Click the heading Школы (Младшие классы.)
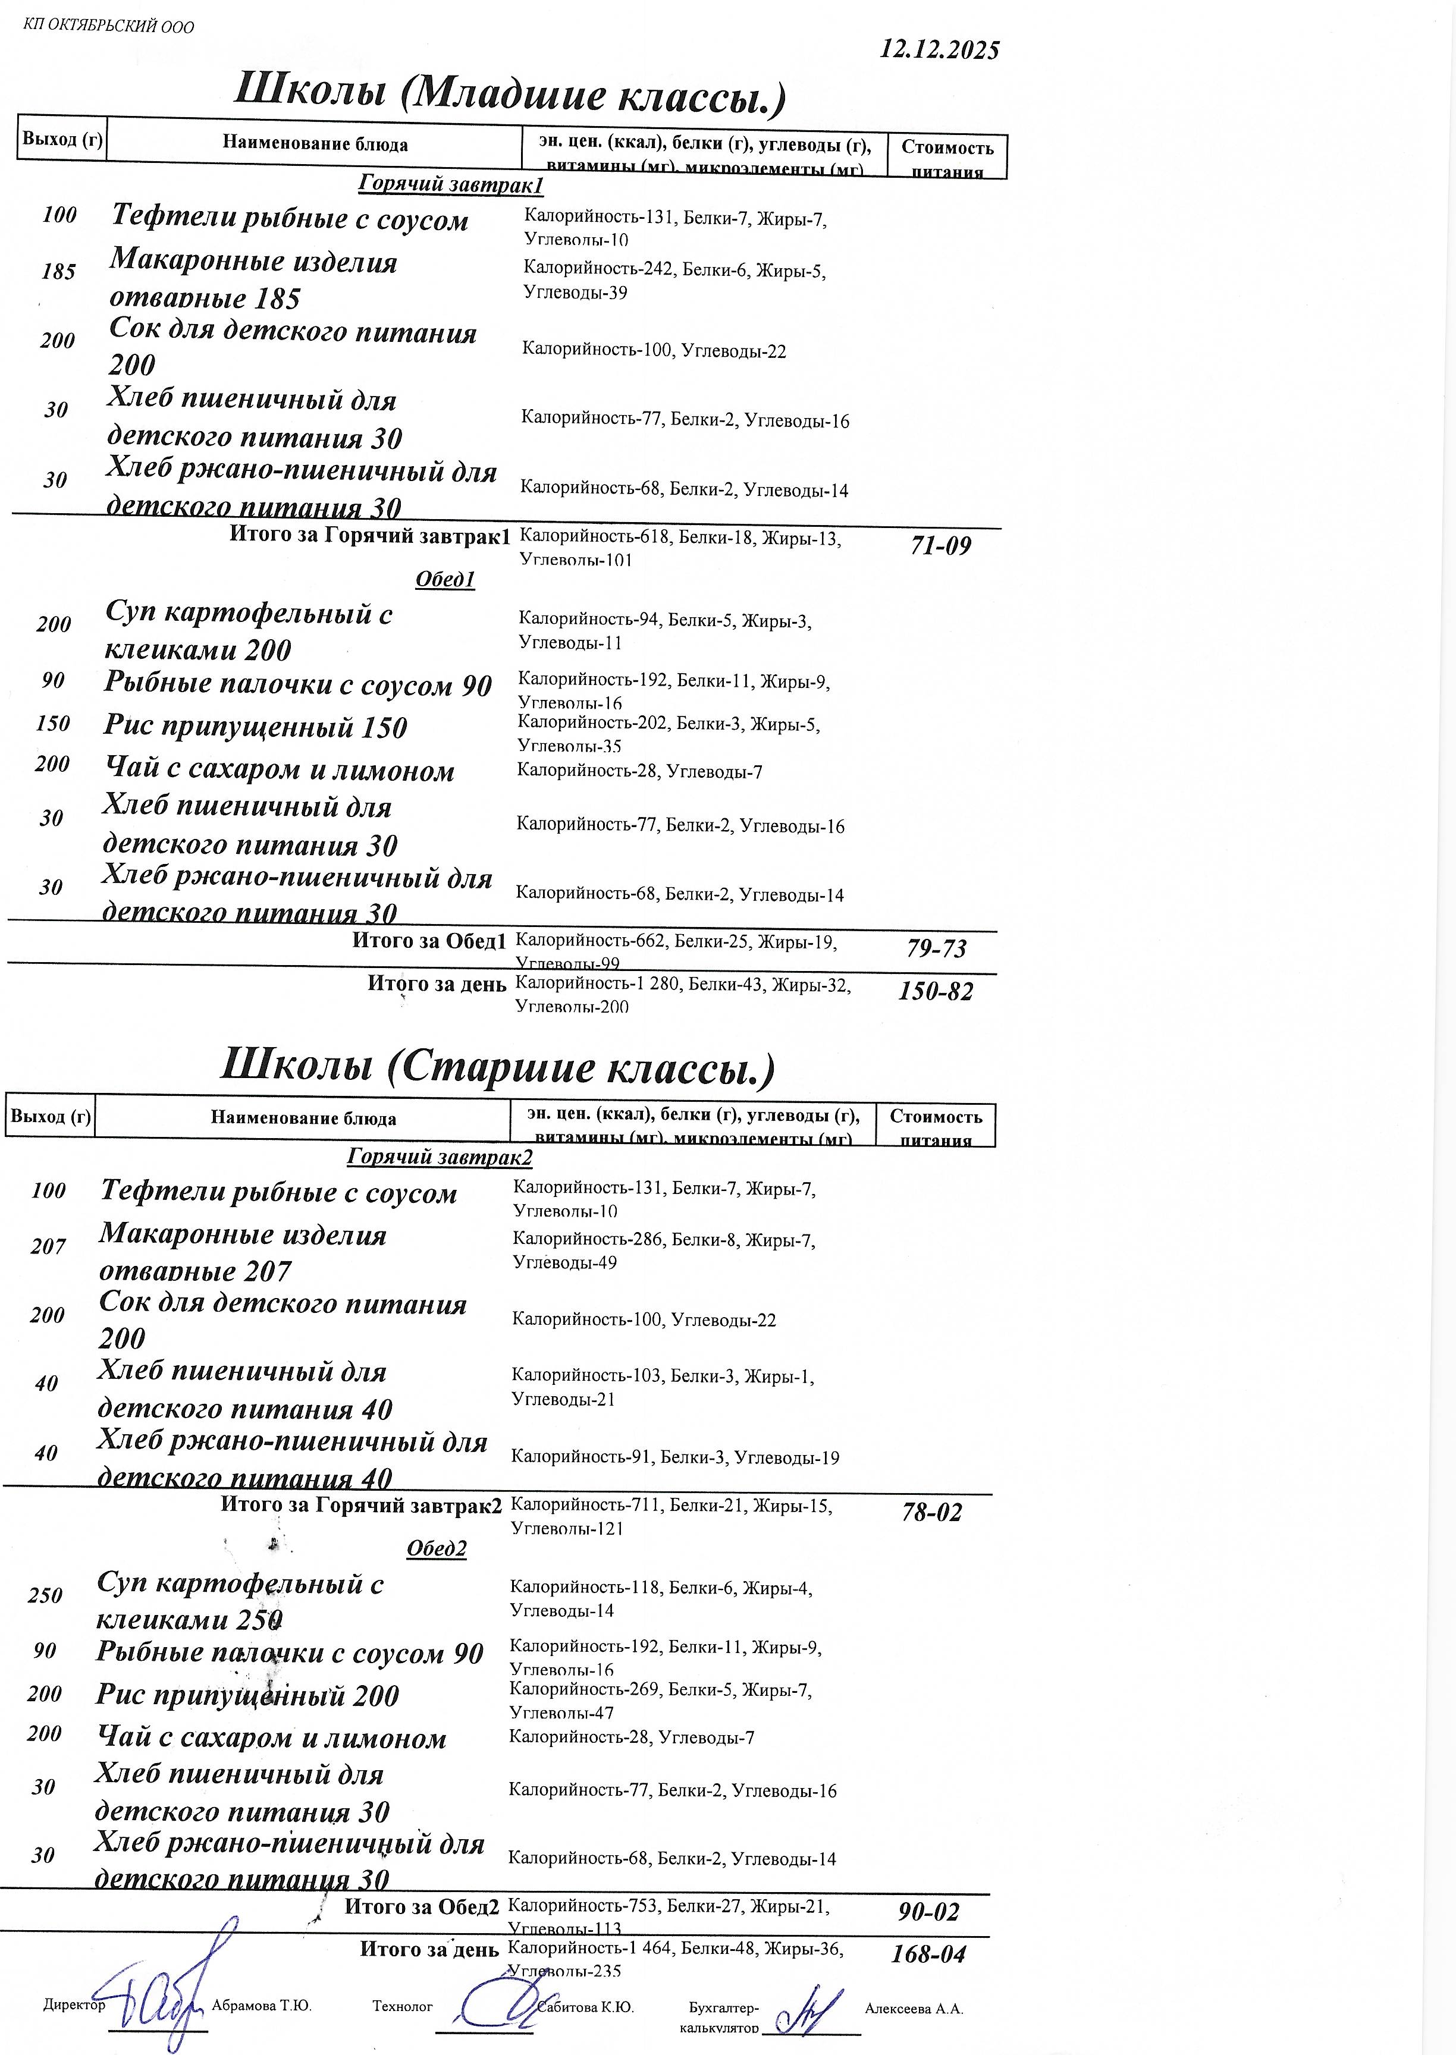[509, 94]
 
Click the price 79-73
[937, 948]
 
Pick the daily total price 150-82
[935, 991]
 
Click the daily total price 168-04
[928, 1955]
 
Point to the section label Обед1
[445, 579]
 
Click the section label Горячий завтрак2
[440, 1157]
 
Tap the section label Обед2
[437, 1548]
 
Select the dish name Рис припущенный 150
[256, 727]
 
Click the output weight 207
[48, 1247]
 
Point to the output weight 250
[45, 1596]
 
